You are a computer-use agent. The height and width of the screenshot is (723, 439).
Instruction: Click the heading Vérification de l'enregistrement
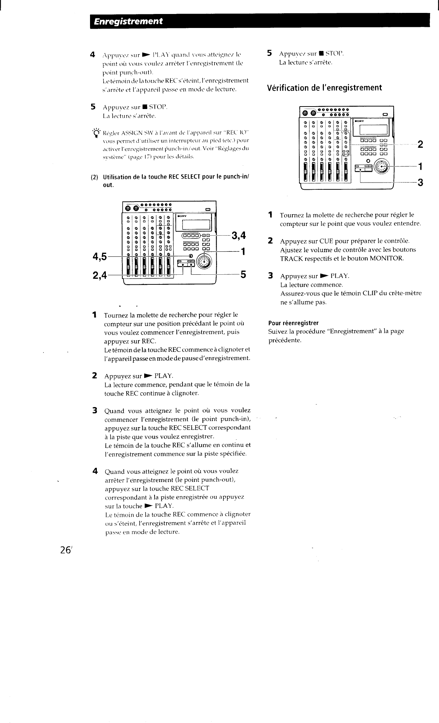pyautogui.click(x=325, y=88)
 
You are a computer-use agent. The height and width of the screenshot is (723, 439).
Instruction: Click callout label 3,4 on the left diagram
pyautogui.click(x=239, y=235)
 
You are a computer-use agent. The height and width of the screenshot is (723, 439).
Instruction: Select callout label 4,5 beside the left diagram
pyautogui.click(x=100, y=256)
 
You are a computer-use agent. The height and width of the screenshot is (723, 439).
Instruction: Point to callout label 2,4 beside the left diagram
pyautogui.click(x=100, y=275)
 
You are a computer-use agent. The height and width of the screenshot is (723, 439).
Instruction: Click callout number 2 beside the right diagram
pyautogui.click(x=420, y=145)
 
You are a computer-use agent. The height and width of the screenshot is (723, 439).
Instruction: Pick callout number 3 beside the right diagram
pyautogui.click(x=420, y=183)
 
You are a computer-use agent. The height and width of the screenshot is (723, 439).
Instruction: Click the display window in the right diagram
pyautogui.click(x=371, y=129)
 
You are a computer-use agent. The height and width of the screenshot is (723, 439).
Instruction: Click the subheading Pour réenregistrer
pyautogui.click(x=293, y=322)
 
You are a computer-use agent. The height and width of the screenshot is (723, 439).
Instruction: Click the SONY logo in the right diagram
pyautogui.click(x=359, y=121)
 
